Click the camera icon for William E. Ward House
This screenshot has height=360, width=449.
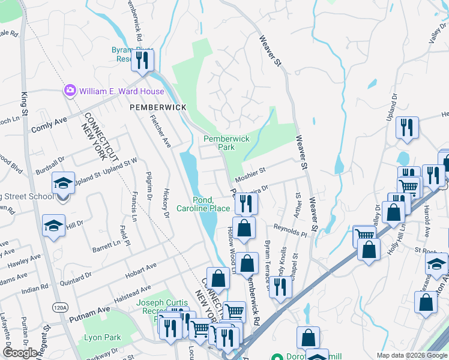point(70,91)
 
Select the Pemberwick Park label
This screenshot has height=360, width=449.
point(226,142)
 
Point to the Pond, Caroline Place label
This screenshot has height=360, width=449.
point(203,204)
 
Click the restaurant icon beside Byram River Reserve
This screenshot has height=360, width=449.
point(142,59)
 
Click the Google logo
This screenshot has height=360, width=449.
point(20,353)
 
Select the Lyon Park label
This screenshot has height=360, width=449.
point(102,337)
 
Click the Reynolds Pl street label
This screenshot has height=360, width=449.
point(291,231)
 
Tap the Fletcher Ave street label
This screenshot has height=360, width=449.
point(160,131)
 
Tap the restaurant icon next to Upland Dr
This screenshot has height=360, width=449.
point(407,127)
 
